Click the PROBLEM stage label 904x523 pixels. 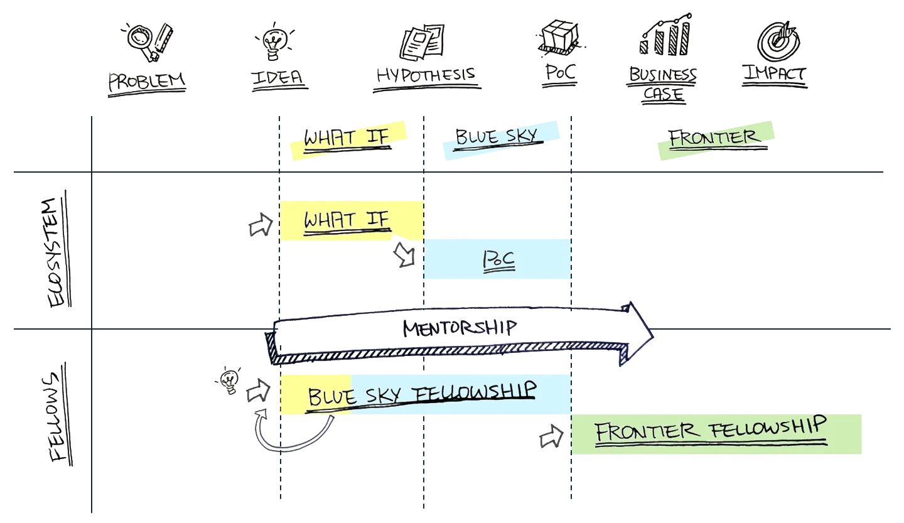[x=147, y=82]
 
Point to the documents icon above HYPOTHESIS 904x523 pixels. [x=422, y=41]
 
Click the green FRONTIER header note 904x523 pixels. [x=716, y=139]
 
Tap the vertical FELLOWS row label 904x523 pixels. [x=60, y=418]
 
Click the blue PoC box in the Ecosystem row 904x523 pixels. [x=497, y=259]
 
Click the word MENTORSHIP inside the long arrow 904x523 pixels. [x=459, y=327]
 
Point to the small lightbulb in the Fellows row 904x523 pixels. [x=229, y=380]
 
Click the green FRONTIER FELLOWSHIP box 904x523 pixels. [x=716, y=433]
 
